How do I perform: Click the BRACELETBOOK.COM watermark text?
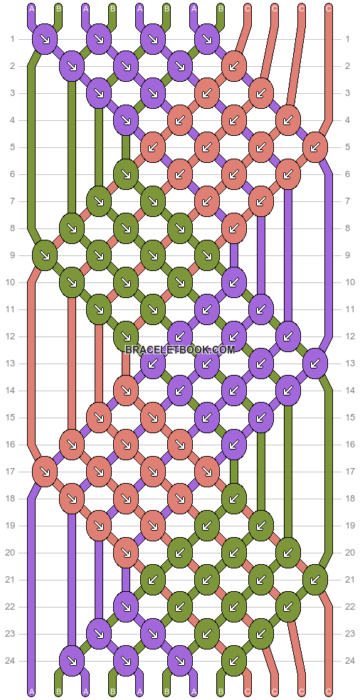point(180,350)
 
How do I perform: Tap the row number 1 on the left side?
point(13,39)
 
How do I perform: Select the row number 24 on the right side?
point(347,661)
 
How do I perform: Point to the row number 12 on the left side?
point(13,336)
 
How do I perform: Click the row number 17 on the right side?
point(347,472)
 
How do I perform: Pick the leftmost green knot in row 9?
point(45,255)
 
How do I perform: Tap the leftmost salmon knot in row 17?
point(45,471)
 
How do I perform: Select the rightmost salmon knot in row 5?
point(314,147)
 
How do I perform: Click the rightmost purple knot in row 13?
point(314,364)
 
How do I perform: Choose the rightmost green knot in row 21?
point(314,580)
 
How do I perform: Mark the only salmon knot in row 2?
point(233,66)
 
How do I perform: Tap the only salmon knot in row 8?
point(233,228)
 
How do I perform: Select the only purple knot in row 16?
point(233,445)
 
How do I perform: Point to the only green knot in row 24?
point(233,661)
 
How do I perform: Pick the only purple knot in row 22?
point(126,607)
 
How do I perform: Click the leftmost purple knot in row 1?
point(45,39)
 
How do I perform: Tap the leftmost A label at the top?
point(31,9)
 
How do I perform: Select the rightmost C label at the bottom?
point(328,691)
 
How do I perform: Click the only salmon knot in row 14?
point(126,391)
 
